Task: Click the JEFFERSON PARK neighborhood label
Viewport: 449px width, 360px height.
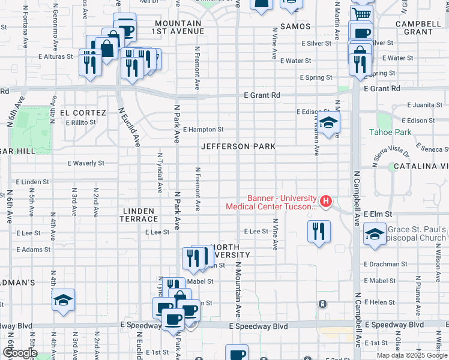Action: click(x=238, y=146)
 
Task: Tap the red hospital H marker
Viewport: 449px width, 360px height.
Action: click(x=325, y=200)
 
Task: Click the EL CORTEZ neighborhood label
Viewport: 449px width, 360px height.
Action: click(x=82, y=113)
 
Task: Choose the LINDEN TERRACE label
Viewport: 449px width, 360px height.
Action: click(x=139, y=215)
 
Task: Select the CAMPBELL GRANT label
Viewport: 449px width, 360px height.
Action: click(x=414, y=28)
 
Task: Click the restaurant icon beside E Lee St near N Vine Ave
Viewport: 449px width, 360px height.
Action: click(x=319, y=230)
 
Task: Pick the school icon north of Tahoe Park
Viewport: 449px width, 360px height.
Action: click(x=328, y=124)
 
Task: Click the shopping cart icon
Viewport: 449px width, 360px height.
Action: click(x=361, y=13)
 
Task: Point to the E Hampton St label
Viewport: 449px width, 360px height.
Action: click(x=203, y=129)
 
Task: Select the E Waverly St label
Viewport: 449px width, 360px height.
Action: click(x=86, y=163)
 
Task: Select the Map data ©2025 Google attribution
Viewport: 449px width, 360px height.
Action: click(x=411, y=355)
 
